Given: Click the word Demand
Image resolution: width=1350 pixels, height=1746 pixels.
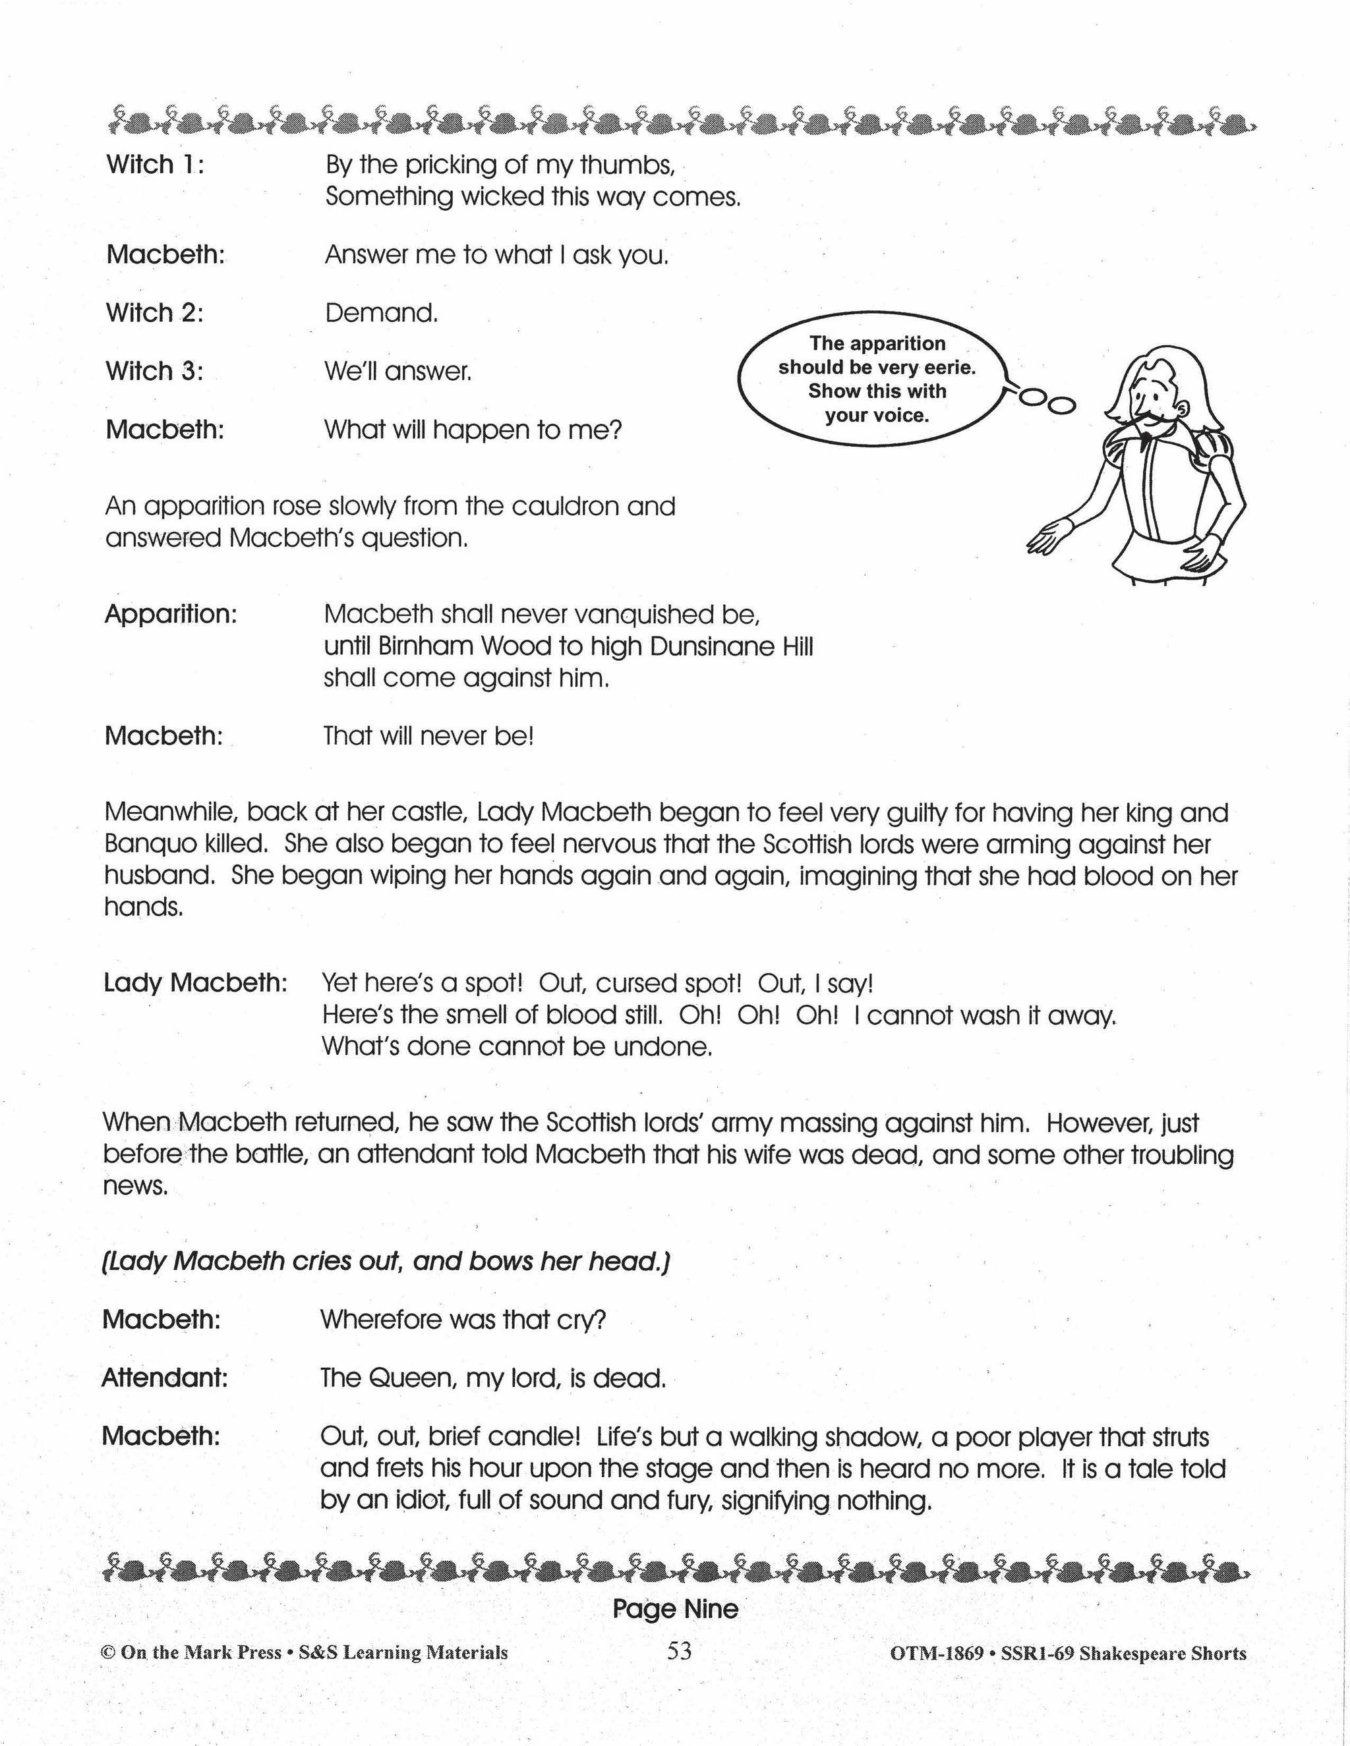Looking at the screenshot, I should (x=382, y=312).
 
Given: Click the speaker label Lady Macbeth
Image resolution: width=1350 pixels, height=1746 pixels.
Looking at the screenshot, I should (x=195, y=982).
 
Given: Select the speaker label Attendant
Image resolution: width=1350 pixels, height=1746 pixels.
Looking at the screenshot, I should (x=164, y=1378).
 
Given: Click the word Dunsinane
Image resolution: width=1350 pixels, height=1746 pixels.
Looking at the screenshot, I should (x=711, y=646).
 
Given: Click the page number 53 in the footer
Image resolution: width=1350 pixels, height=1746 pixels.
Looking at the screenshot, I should (x=678, y=1651).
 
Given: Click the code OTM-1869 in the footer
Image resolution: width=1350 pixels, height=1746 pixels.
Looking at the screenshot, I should (x=936, y=1653).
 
